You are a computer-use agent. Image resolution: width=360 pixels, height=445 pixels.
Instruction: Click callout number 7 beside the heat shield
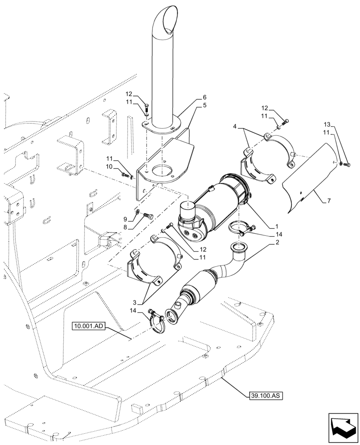[x=329, y=201]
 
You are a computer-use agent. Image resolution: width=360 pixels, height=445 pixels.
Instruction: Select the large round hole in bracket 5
[x=161, y=170]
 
